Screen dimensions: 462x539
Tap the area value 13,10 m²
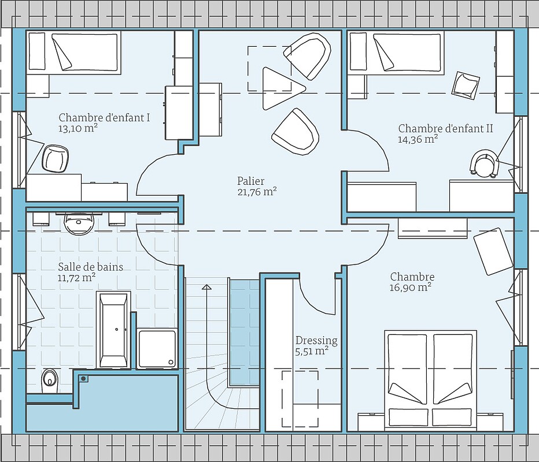coord(77,129)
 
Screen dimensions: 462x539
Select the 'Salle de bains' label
coord(90,267)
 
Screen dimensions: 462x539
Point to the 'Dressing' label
coord(316,340)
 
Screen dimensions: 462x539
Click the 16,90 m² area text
coord(411,287)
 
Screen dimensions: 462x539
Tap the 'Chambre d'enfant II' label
coord(445,128)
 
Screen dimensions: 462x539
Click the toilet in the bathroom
coord(49,378)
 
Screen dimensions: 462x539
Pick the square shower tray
coord(157,348)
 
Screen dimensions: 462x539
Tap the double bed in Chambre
coord(431,378)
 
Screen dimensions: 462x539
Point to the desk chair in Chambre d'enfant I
coord(56,158)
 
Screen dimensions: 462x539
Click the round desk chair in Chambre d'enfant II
coord(483,163)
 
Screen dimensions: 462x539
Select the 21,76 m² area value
coord(257,192)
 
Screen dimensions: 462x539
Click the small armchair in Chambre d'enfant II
coord(466,84)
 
